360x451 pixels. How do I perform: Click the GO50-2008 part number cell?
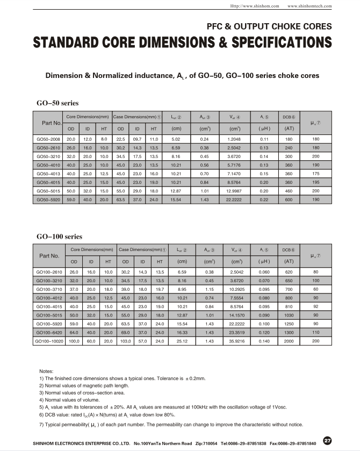[49, 139]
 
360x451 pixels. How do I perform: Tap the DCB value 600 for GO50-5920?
[289, 199]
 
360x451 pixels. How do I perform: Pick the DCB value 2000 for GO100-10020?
[289, 341]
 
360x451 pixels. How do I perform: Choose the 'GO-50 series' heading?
[57, 103]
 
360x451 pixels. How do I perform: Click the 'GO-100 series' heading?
[59, 237]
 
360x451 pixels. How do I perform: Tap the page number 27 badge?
[327, 441]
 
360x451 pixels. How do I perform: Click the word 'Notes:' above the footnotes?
[47, 371]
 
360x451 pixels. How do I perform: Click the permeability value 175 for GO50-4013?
[315, 174]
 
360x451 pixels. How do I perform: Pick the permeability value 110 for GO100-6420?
[315, 333]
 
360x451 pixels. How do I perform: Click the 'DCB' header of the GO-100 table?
[288, 250]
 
